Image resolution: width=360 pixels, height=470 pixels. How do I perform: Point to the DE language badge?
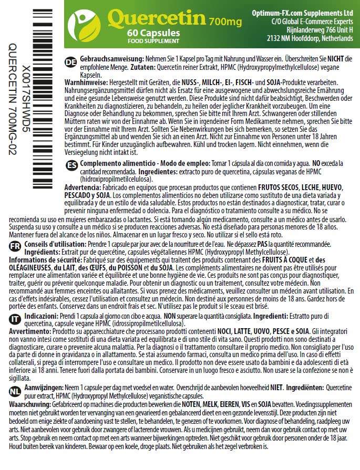(70, 62)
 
